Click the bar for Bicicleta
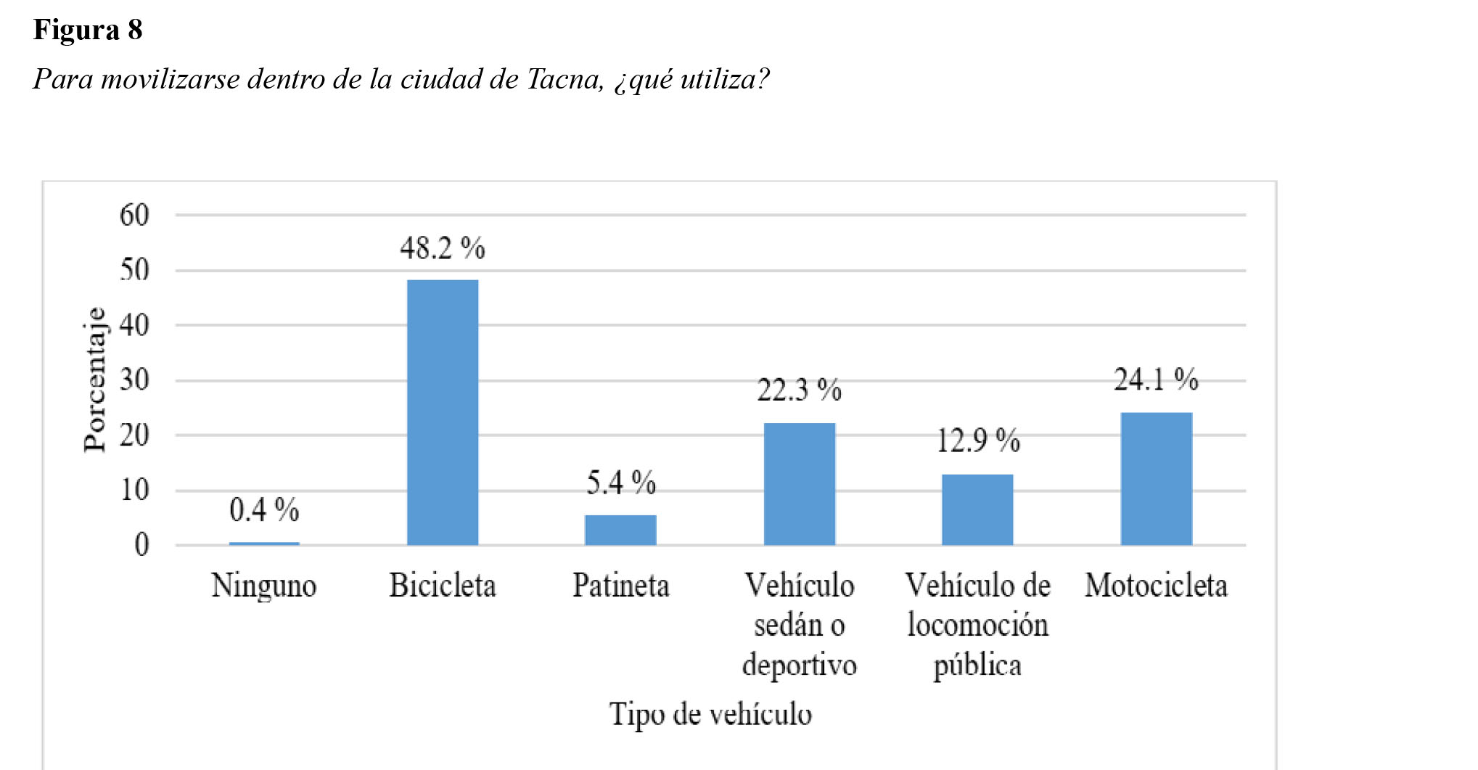click(x=443, y=412)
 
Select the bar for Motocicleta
click(x=1156, y=479)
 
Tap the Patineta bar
click(x=620, y=530)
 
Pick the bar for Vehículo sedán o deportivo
click(x=799, y=484)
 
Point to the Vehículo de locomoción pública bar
click(x=977, y=509)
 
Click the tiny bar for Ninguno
click(x=264, y=543)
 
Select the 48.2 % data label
click(x=443, y=249)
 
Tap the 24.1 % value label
click(x=1156, y=380)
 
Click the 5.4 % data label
click(x=621, y=483)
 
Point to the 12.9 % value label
click(x=978, y=441)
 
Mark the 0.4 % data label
click(x=264, y=510)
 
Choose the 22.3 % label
click(x=799, y=390)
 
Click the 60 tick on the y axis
click(x=135, y=215)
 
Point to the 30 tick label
click(x=135, y=380)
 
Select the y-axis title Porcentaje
click(x=94, y=380)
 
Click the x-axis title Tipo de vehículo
click(x=710, y=714)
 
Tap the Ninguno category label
click(x=264, y=586)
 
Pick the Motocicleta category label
click(x=1156, y=586)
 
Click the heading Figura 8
click(x=88, y=30)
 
